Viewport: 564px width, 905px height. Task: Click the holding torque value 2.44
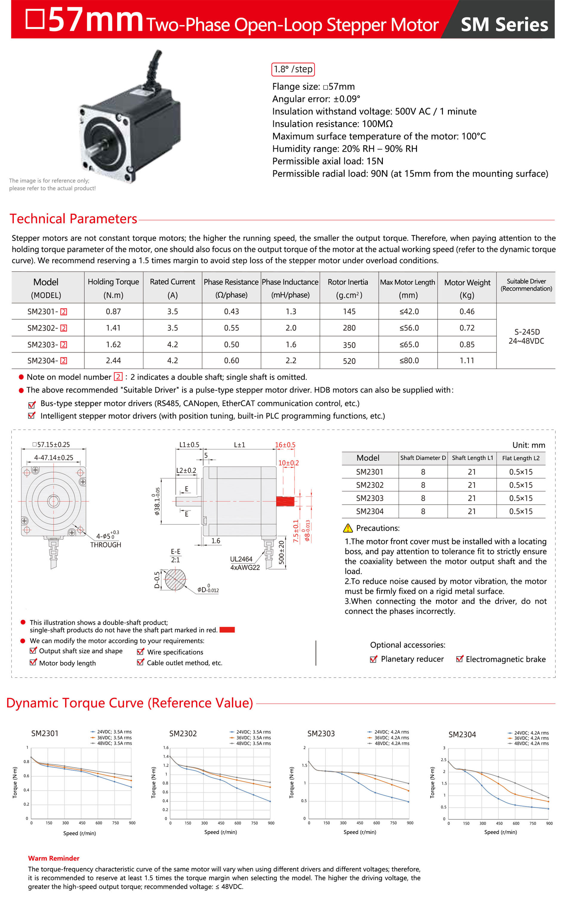click(x=113, y=360)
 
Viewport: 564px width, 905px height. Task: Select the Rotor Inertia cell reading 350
click(x=349, y=345)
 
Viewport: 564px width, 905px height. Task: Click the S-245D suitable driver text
click(x=527, y=332)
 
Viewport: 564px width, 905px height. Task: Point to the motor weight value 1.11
click(x=467, y=360)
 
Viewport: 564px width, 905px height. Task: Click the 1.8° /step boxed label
click(x=293, y=69)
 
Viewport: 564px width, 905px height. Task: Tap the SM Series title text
click(x=504, y=24)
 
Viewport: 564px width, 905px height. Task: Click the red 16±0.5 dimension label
click(x=285, y=445)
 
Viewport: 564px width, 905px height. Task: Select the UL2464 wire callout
click(x=241, y=559)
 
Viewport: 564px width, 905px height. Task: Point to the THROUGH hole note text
click(x=106, y=545)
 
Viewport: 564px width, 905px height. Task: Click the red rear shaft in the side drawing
click(x=285, y=501)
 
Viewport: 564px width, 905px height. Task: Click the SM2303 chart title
click(x=321, y=733)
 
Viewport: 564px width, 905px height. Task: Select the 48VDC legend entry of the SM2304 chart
click(x=531, y=743)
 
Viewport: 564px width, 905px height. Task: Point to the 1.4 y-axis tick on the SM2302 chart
click(x=166, y=756)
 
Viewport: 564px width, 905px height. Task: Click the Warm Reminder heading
click(x=54, y=858)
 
